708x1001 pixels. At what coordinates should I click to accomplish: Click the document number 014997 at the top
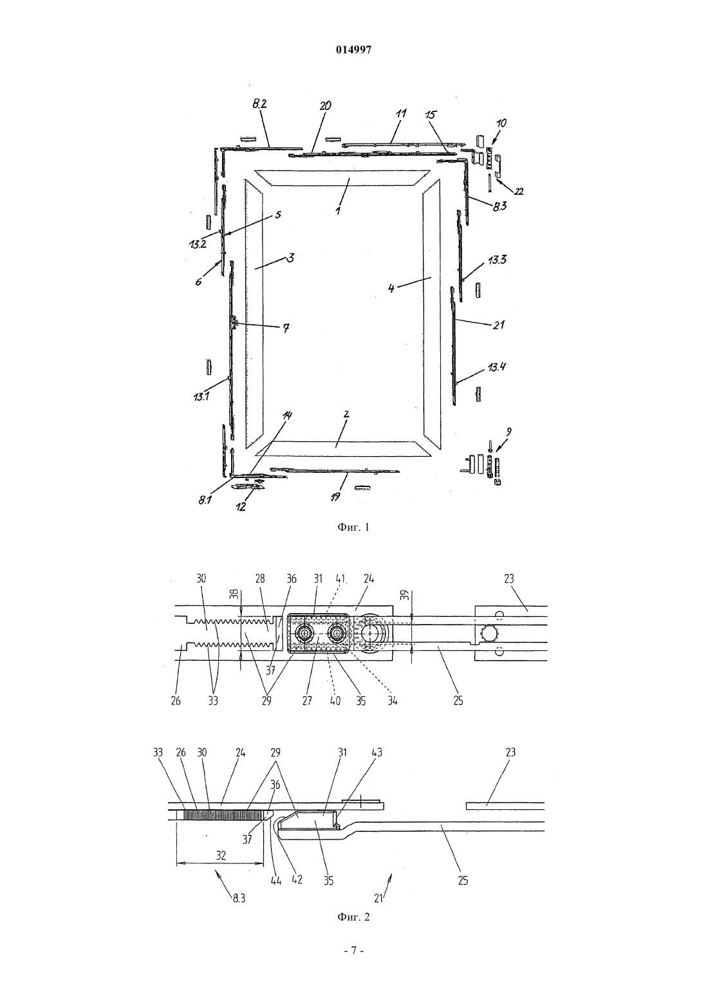click(x=353, y=50)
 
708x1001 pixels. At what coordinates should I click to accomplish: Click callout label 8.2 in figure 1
click(x=259, y=104)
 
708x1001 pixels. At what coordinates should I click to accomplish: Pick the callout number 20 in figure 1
click(x=325, y=106)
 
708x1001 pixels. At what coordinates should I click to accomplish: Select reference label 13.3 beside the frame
click(x=497, y=260)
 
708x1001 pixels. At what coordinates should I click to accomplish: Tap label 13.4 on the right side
click(x=497, y=367)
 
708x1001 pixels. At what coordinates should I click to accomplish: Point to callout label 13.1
click(x=201, y=396)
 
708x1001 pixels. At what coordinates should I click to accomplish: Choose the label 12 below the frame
click(x=241, y=506)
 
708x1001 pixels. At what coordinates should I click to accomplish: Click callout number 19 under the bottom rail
click(x=336, y=497)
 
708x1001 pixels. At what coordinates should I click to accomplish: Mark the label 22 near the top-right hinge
click(x=519, y=191)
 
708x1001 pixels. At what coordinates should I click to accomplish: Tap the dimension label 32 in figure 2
click(x=221, y=856)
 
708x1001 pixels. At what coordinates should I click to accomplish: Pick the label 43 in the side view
click(x=377, y=752)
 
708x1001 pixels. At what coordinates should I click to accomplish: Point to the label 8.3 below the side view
click(x=239, y=898)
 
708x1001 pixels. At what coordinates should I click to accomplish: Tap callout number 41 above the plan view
click(x=341, y=579)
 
